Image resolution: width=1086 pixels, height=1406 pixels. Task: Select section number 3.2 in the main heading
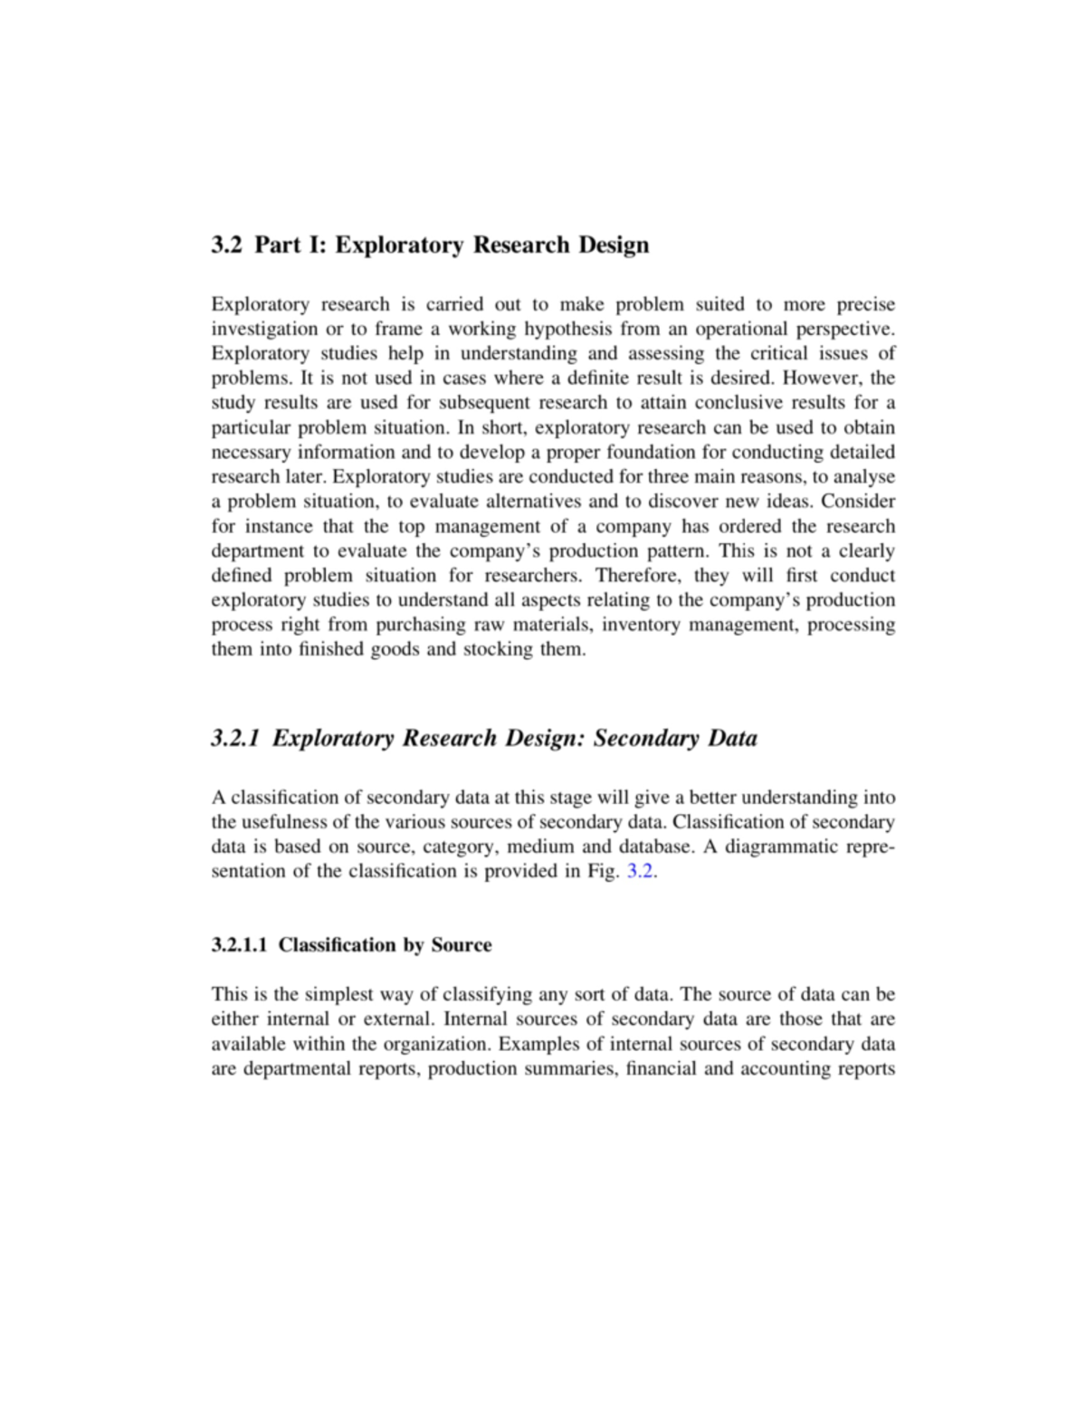(226, 245)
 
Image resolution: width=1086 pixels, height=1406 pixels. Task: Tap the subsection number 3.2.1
(236, 739)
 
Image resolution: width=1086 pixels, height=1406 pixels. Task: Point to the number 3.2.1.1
(239, 945)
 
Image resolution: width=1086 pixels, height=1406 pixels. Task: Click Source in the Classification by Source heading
(462, 945)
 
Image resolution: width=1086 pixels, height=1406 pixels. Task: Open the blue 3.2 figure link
(640, 872)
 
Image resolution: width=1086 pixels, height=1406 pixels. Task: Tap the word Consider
(858, 502)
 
